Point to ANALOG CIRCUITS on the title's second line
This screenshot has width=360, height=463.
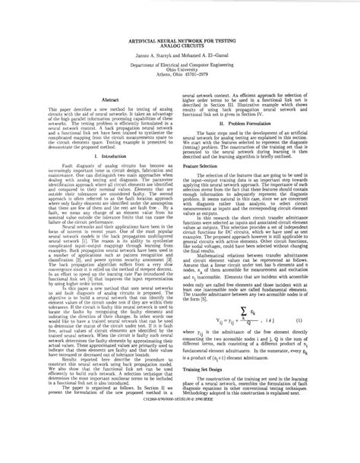pyautogui.click(x=180, y=46)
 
